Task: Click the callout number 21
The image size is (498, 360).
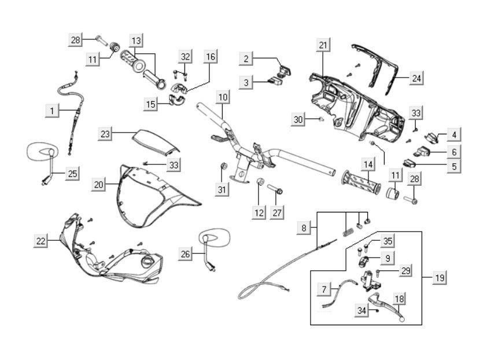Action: tap(323, 45)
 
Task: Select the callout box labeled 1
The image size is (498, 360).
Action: tap(52, 110)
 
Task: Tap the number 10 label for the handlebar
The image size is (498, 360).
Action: tap(223, 97)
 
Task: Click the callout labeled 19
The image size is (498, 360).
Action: tap(439, 278)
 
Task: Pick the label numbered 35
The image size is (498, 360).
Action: tap(387, 241)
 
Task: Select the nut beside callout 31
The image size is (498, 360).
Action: tap(223, 167)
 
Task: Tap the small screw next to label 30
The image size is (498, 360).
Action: tap(320, 119)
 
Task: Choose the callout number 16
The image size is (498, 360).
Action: tap(211, 57)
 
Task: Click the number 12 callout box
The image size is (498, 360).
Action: tap(259, 212)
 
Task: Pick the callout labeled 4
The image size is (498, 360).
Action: tap(454, 135)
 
